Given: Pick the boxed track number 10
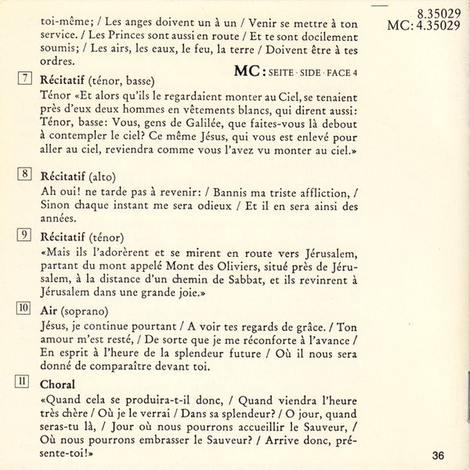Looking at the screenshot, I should point(24,309).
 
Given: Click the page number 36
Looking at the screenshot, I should point(437,455).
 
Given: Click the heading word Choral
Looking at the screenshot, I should point(57,385).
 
